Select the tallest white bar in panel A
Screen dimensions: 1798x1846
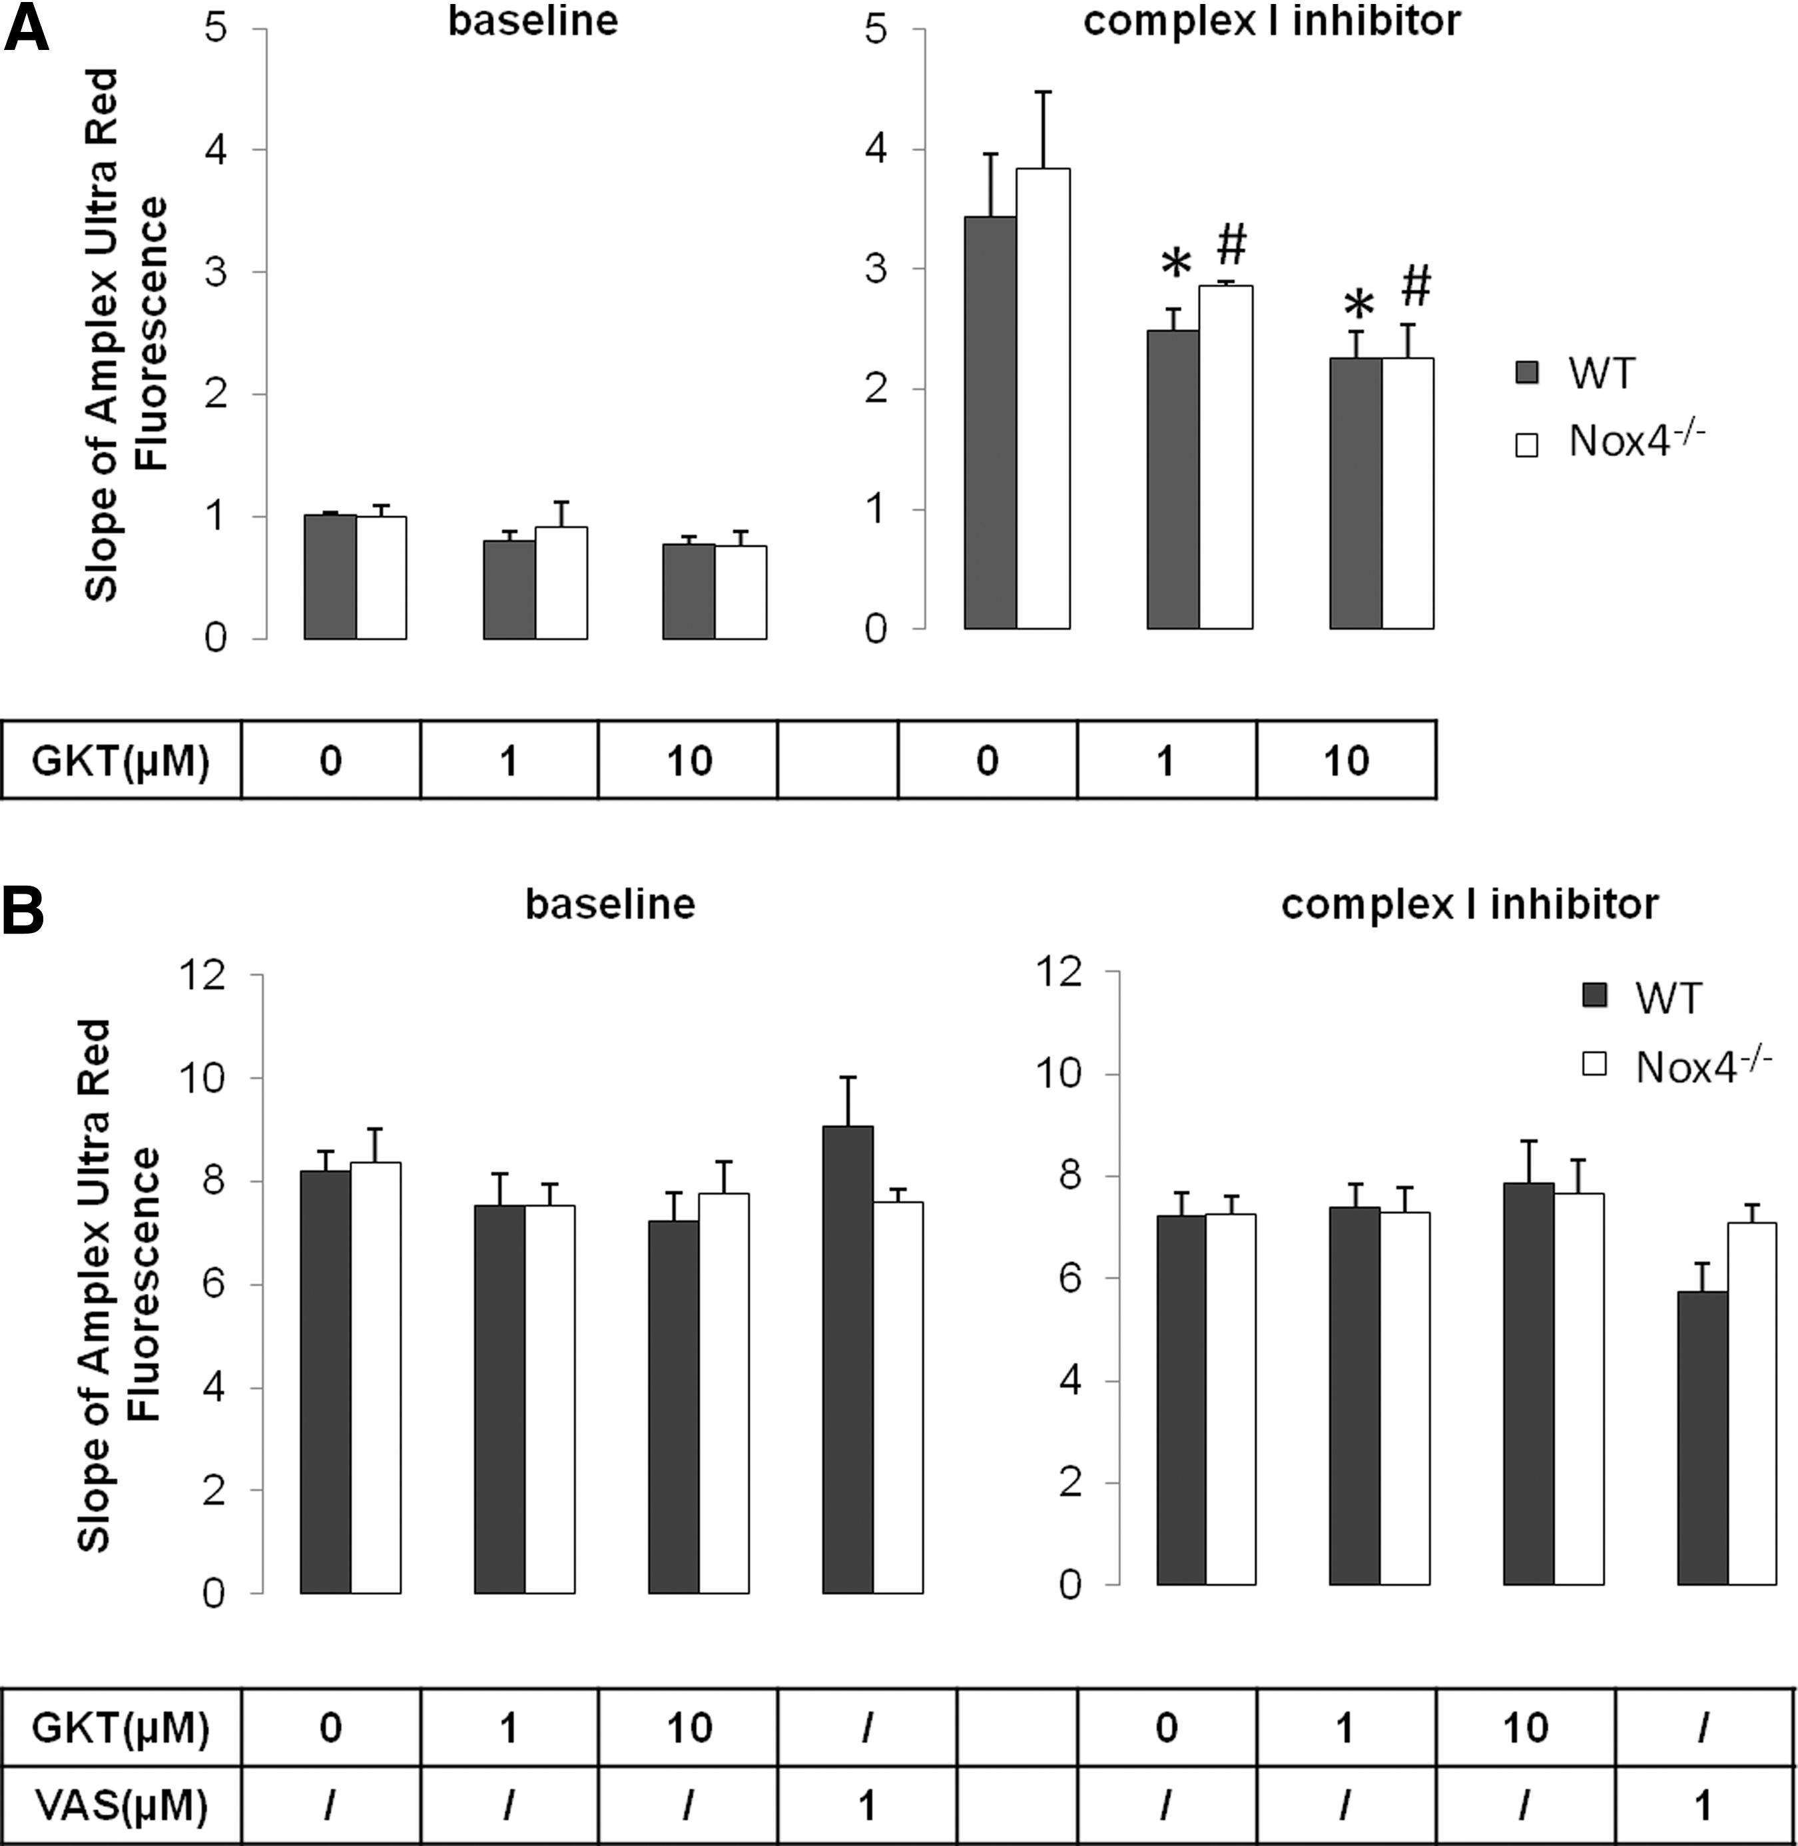point(1043,398)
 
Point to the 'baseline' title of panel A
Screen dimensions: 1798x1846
point(533,21)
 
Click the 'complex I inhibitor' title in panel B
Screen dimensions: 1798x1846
point(1470,904)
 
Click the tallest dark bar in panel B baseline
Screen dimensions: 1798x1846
point(848,1360)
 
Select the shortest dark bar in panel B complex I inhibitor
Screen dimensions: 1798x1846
point(1703,1438)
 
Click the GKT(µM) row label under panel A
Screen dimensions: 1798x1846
point(121,760)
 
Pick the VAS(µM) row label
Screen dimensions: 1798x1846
point(121,1805)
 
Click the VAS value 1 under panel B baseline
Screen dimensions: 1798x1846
point(866,1805)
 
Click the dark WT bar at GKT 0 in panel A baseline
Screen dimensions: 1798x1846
point(330,577)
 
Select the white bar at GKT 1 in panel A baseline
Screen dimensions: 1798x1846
point(561,583)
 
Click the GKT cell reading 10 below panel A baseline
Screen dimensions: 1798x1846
point(689,760)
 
